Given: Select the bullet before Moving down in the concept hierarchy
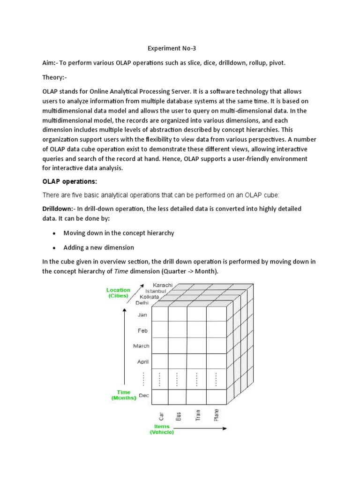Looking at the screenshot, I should pos(54,233).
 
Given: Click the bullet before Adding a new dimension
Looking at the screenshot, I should pos(54,247).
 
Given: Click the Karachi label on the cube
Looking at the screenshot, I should pos(163,285).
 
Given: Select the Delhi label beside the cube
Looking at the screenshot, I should pos(142,303).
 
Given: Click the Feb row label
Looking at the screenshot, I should pos(142,330).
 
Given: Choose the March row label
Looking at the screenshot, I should pos(141,346).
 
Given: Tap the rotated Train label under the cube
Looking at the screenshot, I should pos(198,414).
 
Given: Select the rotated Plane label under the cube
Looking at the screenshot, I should pos(216,415).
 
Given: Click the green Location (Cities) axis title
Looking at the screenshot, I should pos(118,293).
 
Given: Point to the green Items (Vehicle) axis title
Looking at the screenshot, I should pos(162,429).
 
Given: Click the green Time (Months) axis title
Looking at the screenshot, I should pos(123,394).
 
